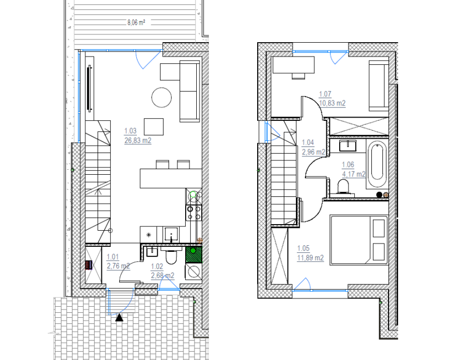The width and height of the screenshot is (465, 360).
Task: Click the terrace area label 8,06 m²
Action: click(136, 22)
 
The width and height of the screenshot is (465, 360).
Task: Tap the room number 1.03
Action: click(130, 131)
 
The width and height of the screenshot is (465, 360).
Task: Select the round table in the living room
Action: click(162, 97)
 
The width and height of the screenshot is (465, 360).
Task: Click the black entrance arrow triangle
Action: click(119, 317)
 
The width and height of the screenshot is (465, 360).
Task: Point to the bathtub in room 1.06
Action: click(377, 164)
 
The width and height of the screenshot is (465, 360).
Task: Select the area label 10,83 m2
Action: click(332, 103)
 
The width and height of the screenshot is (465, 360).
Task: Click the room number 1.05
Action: click(303, 248)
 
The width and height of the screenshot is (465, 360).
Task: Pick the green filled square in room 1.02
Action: click(193, 255)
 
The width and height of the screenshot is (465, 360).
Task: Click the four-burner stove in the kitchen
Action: click(193, 213)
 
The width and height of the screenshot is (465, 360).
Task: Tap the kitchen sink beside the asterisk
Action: click(171, 235)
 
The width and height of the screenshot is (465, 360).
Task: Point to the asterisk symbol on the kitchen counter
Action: click(149, 235)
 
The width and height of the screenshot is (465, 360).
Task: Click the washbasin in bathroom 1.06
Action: click(348, 146)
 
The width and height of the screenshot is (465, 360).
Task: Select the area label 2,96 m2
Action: click(314, 152)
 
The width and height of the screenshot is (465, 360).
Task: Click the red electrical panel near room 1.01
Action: click(89, 265)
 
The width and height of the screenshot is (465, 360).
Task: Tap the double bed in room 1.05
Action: click(359, 240)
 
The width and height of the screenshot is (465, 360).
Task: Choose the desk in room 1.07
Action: click(293, 65)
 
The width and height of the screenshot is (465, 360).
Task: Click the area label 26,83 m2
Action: click(137, 140)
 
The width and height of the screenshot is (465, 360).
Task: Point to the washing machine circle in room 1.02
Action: click(193, 272)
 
